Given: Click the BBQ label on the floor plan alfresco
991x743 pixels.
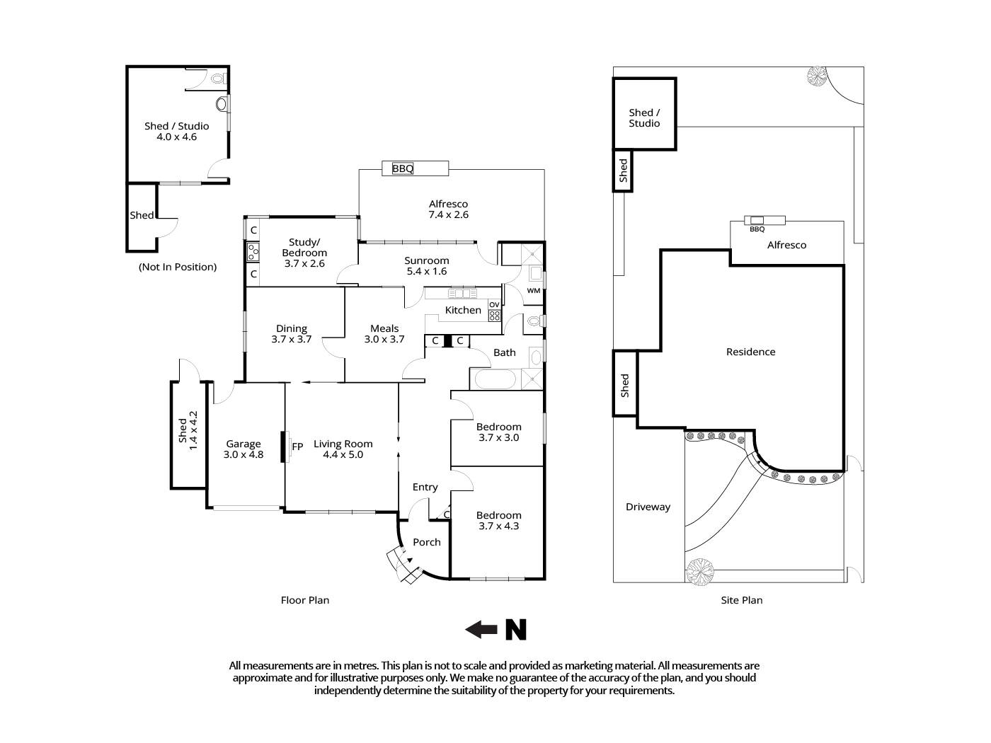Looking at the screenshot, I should coord(402,168).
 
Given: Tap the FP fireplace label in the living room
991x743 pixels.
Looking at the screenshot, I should coord(298,446).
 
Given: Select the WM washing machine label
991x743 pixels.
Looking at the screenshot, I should coord(533,291).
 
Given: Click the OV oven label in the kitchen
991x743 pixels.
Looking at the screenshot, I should coord(494,305).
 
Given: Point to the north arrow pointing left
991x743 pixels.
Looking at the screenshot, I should coord(481,629).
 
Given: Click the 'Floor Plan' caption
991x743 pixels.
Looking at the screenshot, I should coord(304,600).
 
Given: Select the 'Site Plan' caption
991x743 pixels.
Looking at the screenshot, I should coord(741,600).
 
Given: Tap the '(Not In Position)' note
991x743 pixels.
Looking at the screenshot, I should coord(177,267).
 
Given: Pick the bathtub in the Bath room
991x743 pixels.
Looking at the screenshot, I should coord(495,379).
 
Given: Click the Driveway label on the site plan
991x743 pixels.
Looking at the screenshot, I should coord(648,507).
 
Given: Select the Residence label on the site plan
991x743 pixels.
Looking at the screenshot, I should coord(750,352).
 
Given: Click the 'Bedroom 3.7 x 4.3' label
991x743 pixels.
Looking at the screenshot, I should coord(498,520).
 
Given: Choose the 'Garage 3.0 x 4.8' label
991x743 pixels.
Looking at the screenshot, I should coord(244,449).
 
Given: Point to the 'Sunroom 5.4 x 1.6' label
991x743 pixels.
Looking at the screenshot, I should coord(427,265).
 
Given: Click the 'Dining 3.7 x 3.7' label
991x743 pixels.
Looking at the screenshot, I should coord(292,333).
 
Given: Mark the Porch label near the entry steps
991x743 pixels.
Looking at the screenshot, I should coord(426,542).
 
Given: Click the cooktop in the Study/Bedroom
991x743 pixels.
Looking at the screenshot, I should coord(253,250).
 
